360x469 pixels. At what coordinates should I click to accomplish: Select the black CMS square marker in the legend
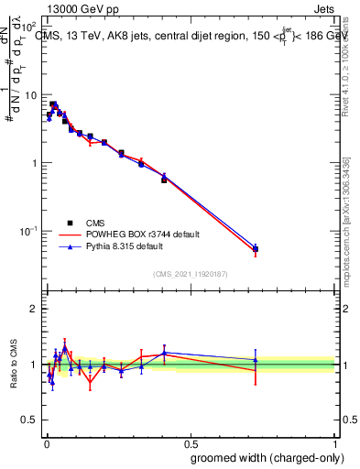coord(70,223)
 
